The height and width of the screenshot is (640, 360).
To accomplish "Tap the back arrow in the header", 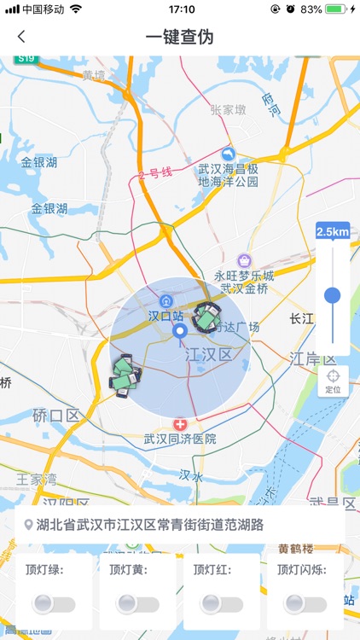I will tap(21, 37).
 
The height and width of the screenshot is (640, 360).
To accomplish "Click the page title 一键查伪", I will tap(179, 37).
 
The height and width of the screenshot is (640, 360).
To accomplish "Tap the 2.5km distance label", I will tap(333, 232).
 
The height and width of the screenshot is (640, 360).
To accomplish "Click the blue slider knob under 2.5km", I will tap(333, 295).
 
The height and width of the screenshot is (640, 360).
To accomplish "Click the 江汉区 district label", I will tap(208, 353).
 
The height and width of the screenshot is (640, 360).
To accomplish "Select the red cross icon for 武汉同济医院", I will tap(180, 424).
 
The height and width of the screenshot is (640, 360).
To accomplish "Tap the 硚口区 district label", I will tap(56, 415).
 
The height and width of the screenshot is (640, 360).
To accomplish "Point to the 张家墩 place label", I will tap(229, 109).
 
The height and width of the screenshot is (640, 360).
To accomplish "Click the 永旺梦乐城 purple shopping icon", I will tap(245, 259).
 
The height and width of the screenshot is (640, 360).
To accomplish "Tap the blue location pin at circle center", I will tap(179, 331).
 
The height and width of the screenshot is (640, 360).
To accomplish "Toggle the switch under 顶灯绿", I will tap(53, 604).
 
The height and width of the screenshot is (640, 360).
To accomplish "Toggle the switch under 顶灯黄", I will tap(136, 604).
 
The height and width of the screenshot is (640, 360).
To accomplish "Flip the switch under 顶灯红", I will tap(220, 604).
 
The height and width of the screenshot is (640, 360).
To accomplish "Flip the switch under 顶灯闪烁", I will tap(305, 604).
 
